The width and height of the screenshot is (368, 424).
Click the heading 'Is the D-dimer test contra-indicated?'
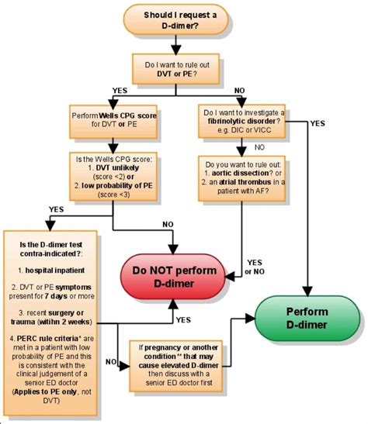[58, 249]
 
